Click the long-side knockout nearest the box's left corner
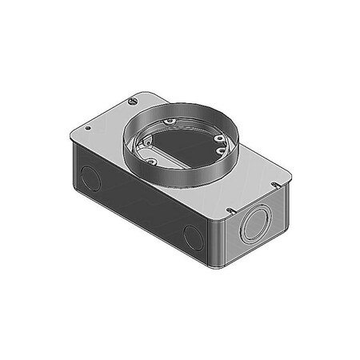(x=91, y=178)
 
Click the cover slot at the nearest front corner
(x=230, y=210)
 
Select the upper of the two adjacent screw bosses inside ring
(x=218, y=138)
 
